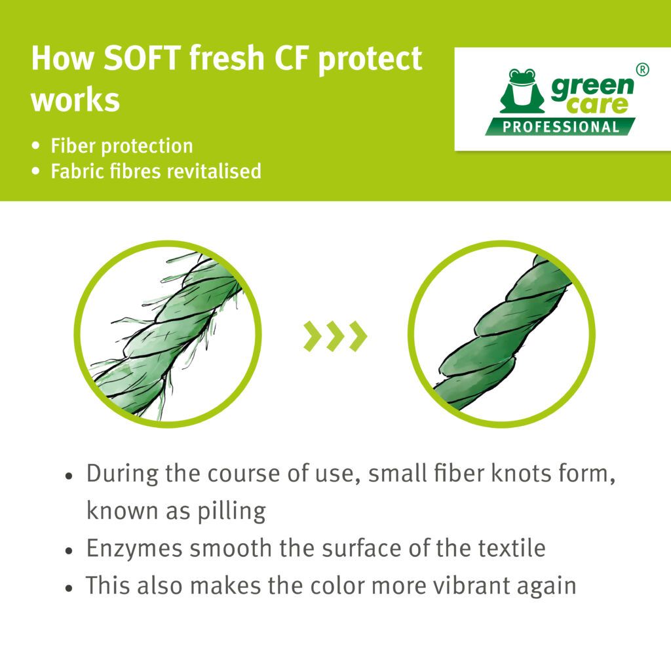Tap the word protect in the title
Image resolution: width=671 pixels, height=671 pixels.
pos(370,60)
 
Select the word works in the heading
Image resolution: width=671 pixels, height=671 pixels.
pos(75,100)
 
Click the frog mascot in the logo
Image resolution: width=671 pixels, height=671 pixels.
pos(522,91)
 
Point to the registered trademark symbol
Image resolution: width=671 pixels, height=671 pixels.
pos(642,69)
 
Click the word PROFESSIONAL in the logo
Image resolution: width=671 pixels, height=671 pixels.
pos(561,127)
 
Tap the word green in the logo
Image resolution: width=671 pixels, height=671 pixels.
pos(592,88)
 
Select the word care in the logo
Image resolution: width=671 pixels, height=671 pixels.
pos(598,105)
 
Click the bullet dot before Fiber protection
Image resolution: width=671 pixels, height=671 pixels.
pos(36,146)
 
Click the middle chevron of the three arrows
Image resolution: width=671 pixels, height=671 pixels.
pos(335,336)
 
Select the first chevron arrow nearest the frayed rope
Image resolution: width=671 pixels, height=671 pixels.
pos(313,336)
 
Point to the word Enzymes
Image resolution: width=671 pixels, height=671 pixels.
pos(136,549)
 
